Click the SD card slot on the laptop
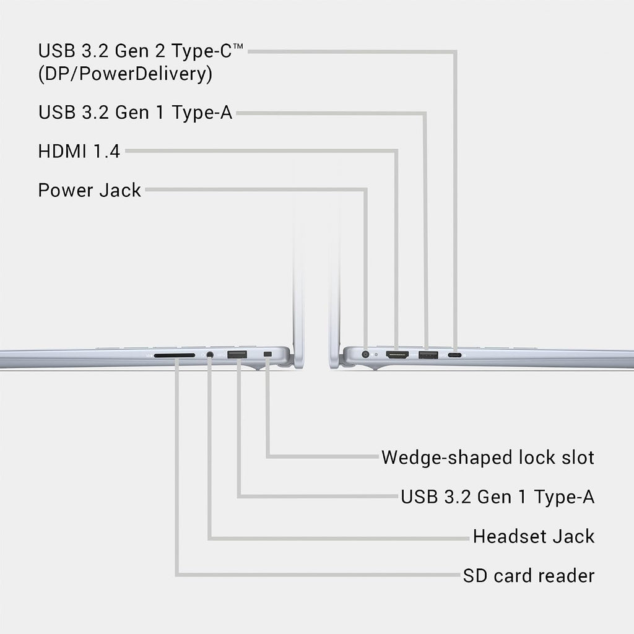(x=174, y=355)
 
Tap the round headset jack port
(x=209, y=355)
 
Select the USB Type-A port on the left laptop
(x=237, y=355)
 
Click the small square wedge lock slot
(x=267, y=355)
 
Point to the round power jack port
(x=365, y=355)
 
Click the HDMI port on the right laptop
(x=397, y=355)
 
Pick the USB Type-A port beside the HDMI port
(x=428, y=355)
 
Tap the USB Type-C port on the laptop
(x=455, y=355)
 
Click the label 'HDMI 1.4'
(x=79, y=152)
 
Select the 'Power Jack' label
(x=89, y=190)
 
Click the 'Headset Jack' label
(x=534, y=537)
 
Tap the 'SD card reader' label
(x=529, y=576)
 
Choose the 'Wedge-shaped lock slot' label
(x=488, y=458)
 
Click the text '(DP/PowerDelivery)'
(x=125, y=74)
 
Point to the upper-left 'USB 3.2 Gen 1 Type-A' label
(x=135, y=113)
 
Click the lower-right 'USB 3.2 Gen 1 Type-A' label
(x=497, y=497)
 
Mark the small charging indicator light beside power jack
(x=376, y=355)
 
